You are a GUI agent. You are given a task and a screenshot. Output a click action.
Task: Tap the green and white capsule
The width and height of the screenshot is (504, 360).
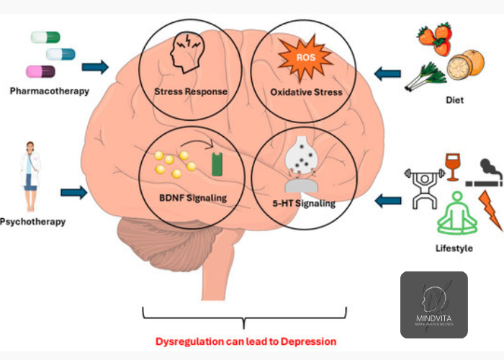click(45, 37)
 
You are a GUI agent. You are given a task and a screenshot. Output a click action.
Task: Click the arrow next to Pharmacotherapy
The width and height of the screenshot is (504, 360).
click(94, 68)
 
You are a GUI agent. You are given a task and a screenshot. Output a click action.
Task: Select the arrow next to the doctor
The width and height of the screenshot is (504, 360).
click(74, 192)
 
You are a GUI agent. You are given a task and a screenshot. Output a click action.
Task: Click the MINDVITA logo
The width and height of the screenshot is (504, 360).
click(433, 305)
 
